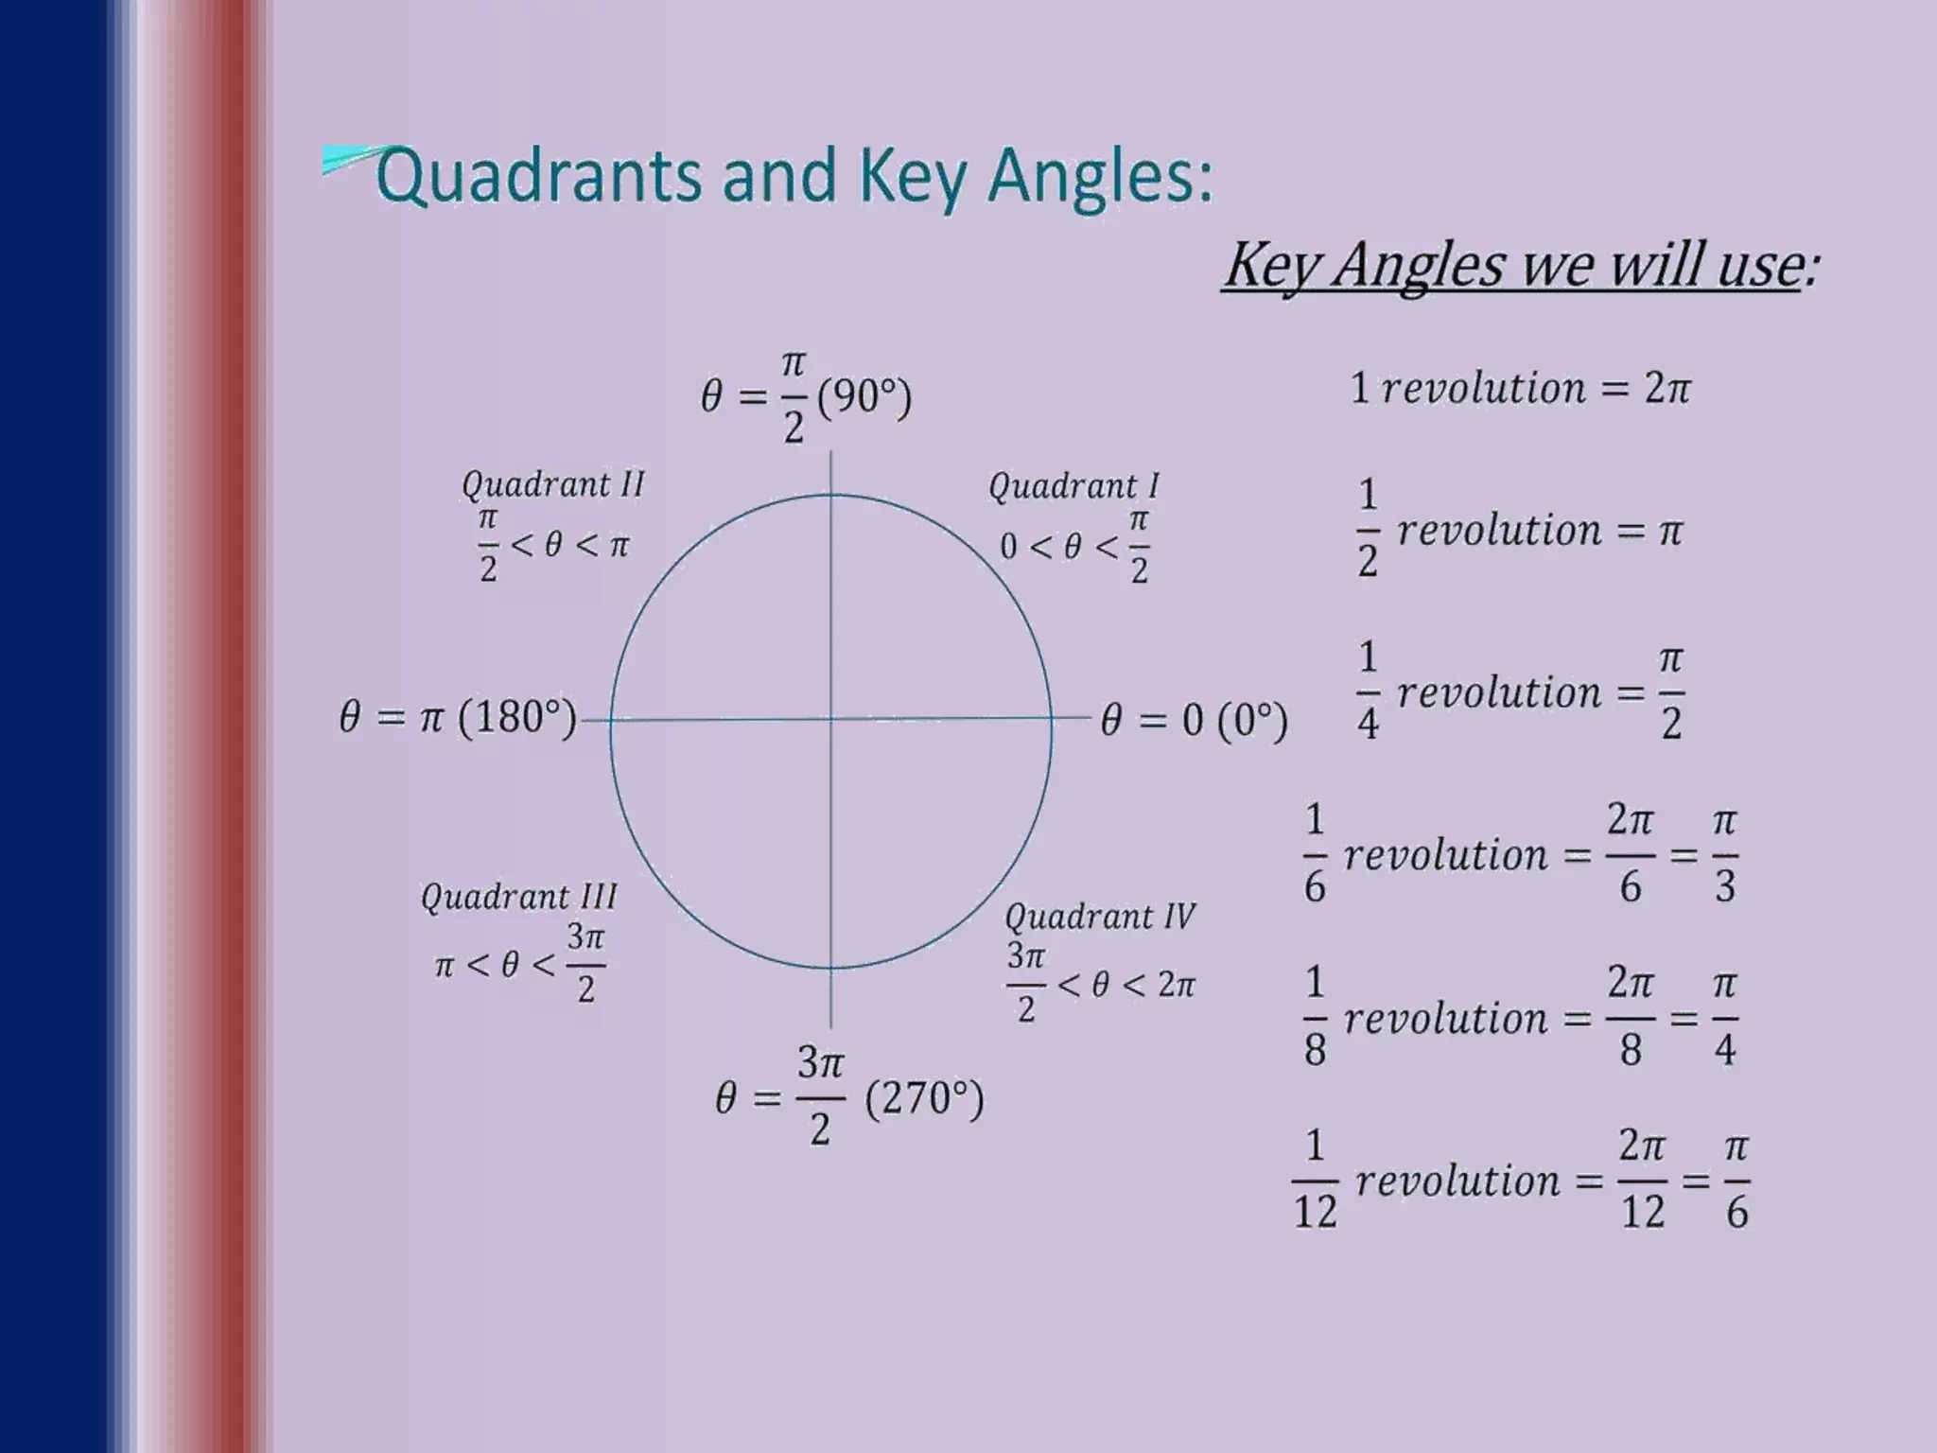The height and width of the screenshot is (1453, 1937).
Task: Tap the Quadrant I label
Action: pyautogui.click(x=1073, y=486)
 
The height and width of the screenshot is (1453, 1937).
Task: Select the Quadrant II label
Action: pyautogui.click(x=552, y=484)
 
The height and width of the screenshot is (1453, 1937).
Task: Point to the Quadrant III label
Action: pyautogui.click(x=518, y=896)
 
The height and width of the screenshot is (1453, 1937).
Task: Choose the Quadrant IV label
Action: pyautogui.click(x=1099, y=917)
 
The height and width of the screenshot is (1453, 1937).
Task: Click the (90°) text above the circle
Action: pyautogui.click(x=864, y=397)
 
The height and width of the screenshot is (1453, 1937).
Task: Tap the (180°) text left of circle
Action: pyautogui.click(x=517, y=718)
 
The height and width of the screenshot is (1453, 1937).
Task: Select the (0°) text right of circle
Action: pyautogui.click(x=1252, y=721)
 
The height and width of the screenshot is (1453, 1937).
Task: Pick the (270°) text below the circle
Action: pyautogui.click(x=924, y=1099)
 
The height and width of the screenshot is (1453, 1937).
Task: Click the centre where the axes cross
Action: pyautogui.click(x=831, y=720)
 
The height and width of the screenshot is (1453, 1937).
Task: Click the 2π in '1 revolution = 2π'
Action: pyautogui.click(x=1667, y=389)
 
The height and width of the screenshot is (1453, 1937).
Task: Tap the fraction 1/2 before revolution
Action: pyautogui.click(x=1368, y=529)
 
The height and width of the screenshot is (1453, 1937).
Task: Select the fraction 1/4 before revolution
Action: pyautogui.click(x=1368, y=691)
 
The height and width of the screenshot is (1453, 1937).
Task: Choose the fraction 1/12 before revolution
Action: pyautogui.click(x=1315, y=1181)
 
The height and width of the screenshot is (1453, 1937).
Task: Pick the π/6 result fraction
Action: pyautogui.click(x=1736, y=1181)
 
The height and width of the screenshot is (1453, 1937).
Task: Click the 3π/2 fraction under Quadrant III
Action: pyautogui.click(x=585, y=964)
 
